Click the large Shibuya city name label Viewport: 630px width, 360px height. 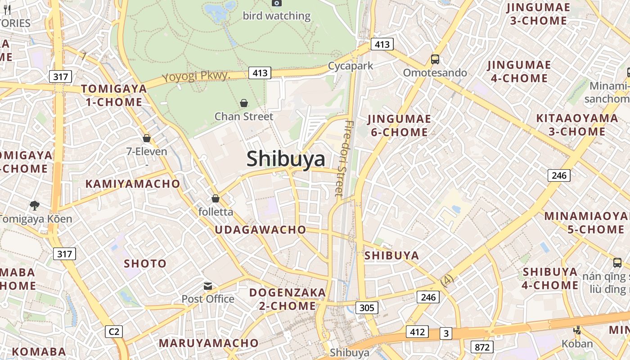click(286, 159)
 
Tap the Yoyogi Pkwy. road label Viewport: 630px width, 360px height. click(196, 76)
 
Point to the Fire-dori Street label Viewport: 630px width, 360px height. click(344, 158)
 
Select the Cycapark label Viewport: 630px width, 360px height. click(351, 66)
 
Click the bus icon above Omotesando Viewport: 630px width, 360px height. click(435, 59)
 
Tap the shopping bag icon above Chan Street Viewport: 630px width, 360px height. click(244, 103)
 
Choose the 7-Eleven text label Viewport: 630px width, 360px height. click(147, 152)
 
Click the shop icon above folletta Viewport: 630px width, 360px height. click(216, 198)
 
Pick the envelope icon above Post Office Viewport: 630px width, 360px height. click(208, 286)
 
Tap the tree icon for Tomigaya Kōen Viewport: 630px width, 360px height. click(34, 206)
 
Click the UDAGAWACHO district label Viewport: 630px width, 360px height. click(260, 229)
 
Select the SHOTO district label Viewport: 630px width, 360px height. click(145, 263)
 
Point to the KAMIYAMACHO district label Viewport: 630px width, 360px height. click(133, 184)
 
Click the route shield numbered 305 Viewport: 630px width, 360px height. click(367, 308)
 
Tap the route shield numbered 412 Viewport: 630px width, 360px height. click(417, 332)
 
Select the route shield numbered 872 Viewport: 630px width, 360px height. click(482, 347)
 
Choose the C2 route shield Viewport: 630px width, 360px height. click(114, 332)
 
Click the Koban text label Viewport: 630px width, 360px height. click(577, 344)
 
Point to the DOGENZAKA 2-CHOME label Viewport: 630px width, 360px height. click(288, 299)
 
